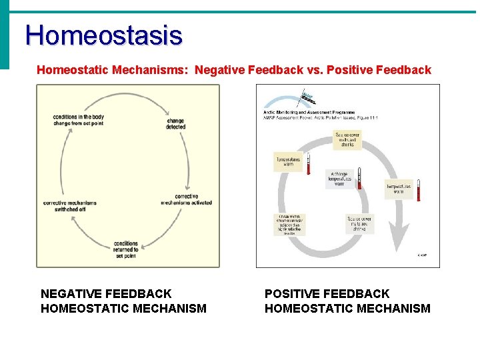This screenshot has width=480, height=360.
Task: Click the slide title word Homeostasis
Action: pyautogui.click(x=103, y=35)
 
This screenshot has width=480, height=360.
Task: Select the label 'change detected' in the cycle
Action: pyautogui.click(x=176, y=123)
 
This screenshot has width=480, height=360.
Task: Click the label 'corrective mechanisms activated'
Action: pyautogui.click(x=186, y=199)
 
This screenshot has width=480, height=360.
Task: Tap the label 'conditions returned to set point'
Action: pyautogui.click(x=126, y=249)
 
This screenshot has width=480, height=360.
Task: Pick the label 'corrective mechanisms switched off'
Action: pyautogui.click(x=70, y=205)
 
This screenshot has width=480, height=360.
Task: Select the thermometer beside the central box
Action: pyautogui.click(x=359, y=178)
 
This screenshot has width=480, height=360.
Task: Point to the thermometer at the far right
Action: pyautogui.click(x=419, y=189)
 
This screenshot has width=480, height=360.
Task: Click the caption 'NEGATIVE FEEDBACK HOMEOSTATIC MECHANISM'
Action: pyautogui.click(x=123, y=301)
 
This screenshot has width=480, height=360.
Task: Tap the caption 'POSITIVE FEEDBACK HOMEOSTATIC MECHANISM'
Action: pyautogui.click(x=347, y=301)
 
